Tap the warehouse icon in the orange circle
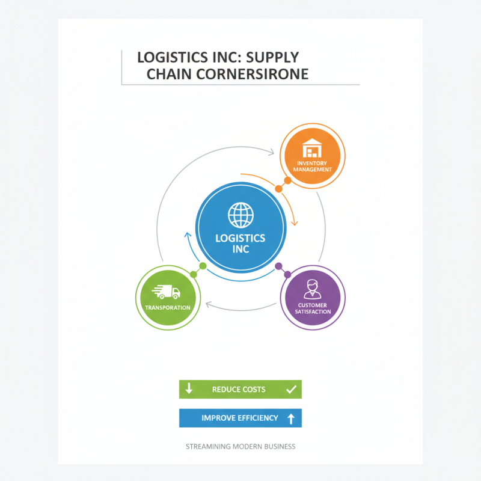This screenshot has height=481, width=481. (312, 148)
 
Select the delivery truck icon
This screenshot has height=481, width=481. (167, 292)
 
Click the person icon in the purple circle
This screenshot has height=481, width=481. (312, 289)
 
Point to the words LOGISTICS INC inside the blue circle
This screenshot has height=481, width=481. (240, 243)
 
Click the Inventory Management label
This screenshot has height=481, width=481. (312, 166)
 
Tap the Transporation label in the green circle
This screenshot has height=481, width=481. (168, 308)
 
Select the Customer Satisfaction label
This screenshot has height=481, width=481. (313, 308)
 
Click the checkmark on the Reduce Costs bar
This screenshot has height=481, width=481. (292, 389)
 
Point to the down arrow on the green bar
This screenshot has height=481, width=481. (189, 389)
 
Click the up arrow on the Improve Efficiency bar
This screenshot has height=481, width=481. (291, 418)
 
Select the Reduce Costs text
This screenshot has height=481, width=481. (239, 390)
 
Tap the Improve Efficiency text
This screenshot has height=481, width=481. (240, 418)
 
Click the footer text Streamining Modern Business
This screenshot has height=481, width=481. (240, 447)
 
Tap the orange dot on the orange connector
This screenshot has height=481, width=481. (279, 189)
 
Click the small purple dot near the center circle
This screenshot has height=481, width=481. (278, 266)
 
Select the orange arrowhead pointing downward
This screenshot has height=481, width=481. (294, 223)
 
